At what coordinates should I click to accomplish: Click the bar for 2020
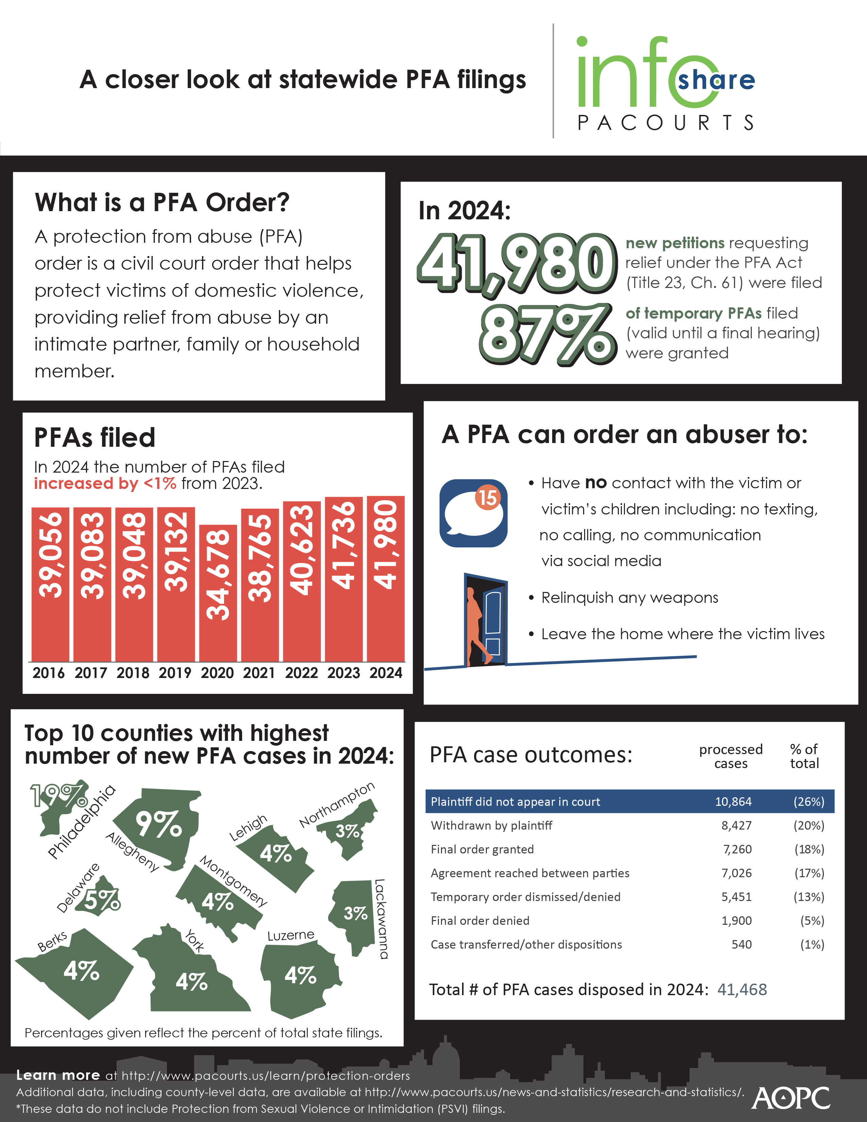point(218,593)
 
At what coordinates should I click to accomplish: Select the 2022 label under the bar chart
point(302,673)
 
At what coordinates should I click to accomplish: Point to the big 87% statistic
point(547,333)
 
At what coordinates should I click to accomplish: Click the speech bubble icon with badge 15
point(473,513)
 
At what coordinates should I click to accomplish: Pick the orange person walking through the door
point(475,625)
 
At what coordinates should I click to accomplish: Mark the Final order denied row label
point(480,921)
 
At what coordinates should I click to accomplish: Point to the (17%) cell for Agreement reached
point(809,873)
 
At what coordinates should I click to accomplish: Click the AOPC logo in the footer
point(790,1098)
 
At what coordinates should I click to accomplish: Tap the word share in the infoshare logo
point(716,81)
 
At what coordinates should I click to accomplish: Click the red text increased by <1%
point(105,484)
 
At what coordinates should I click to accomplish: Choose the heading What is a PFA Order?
point(162,202)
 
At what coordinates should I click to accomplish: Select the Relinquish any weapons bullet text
point(629,598)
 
